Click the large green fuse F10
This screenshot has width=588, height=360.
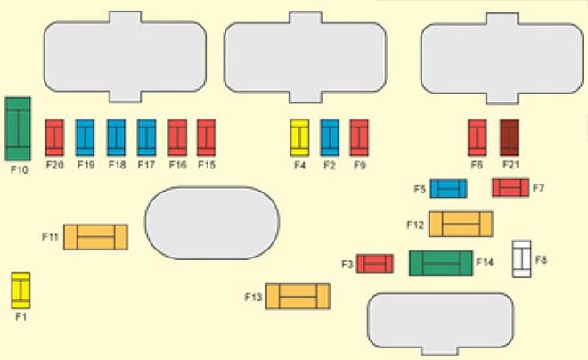[x=18, y=127]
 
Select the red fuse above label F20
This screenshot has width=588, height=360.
[x=55, y=137]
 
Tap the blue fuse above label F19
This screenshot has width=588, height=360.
[x=86, y=137]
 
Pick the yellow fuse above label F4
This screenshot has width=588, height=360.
[x=299, y=137]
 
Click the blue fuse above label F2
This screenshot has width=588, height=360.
[x=330, y=137]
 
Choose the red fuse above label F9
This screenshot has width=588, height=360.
[x=359, y=137]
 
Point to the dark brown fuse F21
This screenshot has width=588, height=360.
[x=509, y=137]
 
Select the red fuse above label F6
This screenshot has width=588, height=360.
[x=478, y=137]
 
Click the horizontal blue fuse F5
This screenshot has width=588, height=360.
[x=448, y=189]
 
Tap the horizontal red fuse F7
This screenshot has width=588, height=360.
[x=510, y=188]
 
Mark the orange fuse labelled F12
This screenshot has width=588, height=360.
[x=460, y=224]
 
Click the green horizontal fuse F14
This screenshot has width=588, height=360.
[x=440, y=263]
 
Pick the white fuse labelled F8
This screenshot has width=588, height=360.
[x=521, y=258]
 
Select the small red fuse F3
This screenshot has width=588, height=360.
[x=375, y=264]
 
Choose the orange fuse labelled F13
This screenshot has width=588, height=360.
[x=298, y=296]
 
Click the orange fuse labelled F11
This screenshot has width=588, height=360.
[x=95, y=237]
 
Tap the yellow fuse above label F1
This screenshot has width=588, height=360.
[x=20, y=290]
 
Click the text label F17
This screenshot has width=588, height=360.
[x=146, y=165]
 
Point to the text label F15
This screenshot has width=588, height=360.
[x=207, y=165]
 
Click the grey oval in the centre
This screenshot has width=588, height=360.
[x=212, y=223]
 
